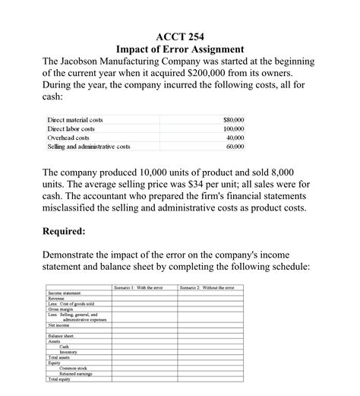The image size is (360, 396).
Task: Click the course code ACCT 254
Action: click(x=179, y=35)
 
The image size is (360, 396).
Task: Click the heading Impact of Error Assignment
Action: click(x=179, y=49)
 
